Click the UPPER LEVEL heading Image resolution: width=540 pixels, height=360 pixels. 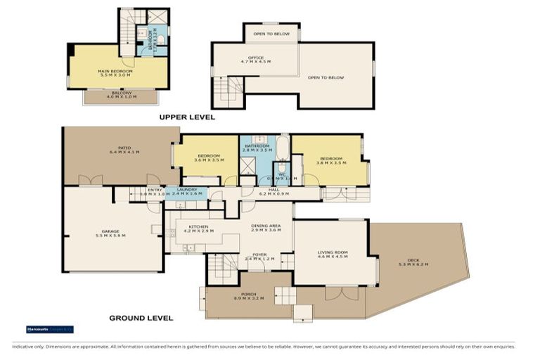[x=186, y=117]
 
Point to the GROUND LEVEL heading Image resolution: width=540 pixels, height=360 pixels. [x=141, y=318]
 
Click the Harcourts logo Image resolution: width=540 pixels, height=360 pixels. [x=49, y=329]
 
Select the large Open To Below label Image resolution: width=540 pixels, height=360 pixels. [x=326, y=77]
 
